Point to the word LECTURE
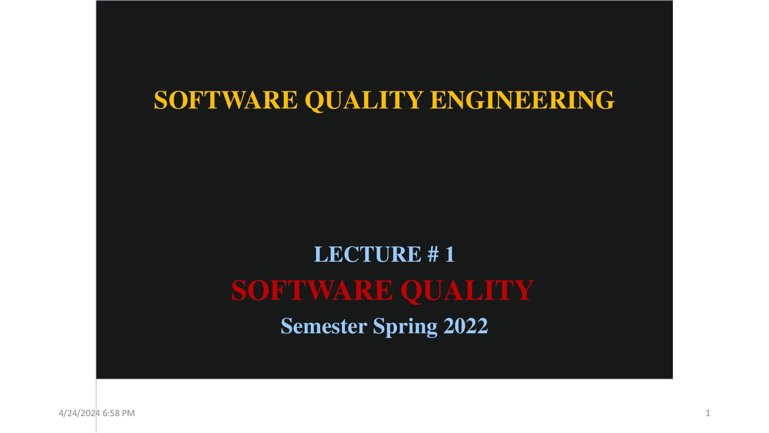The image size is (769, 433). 359,254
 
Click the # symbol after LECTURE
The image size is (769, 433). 433,254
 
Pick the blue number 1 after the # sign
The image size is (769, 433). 449,254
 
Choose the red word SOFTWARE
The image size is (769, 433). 311,290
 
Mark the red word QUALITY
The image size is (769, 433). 467,290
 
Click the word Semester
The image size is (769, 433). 324,326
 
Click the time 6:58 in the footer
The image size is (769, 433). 111,413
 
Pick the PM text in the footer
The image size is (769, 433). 129,413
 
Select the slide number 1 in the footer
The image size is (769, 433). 708,413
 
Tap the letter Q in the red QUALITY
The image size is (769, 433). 413,291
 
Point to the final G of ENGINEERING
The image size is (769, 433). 606,100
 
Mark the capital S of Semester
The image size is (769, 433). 287,326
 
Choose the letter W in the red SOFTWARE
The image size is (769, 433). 321,290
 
